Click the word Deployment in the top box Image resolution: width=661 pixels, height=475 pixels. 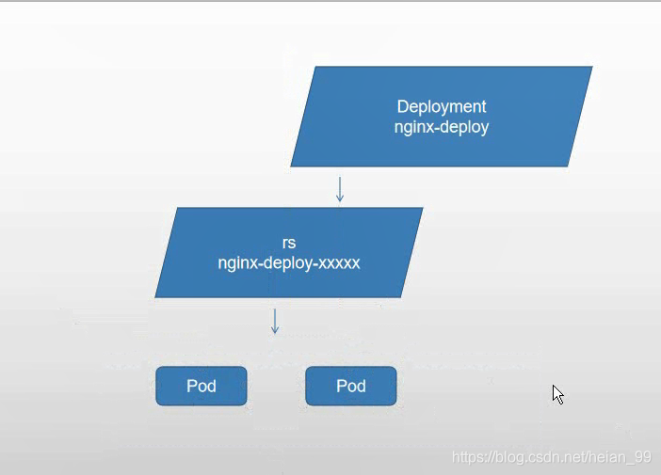point(442,107)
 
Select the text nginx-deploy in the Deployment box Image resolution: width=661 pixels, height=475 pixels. point(442,127)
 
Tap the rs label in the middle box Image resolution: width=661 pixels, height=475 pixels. point(289,243)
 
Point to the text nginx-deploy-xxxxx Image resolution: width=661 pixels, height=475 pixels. point(289,263)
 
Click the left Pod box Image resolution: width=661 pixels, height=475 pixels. point(202,387)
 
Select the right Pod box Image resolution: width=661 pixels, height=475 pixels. point(351,387)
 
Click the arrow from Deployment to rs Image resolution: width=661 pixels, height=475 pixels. point(340,189)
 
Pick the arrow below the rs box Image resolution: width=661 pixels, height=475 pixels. point(275,322)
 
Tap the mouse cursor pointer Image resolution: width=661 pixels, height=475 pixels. point(557,394)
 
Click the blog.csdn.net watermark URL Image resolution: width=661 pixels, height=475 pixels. point(552,457)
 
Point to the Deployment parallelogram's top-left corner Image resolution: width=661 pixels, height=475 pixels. point(314,67)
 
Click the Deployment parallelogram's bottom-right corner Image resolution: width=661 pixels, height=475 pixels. point(568,166)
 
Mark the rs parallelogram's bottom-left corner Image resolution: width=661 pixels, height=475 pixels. point(155,298)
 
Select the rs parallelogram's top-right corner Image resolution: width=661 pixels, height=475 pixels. point(423,208)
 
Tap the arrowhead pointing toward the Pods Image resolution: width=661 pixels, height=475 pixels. point(275,330)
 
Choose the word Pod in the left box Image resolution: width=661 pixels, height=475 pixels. point(202,387)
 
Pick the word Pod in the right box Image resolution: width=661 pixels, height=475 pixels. point(351,387)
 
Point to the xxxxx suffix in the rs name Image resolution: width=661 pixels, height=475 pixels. point(339,263)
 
